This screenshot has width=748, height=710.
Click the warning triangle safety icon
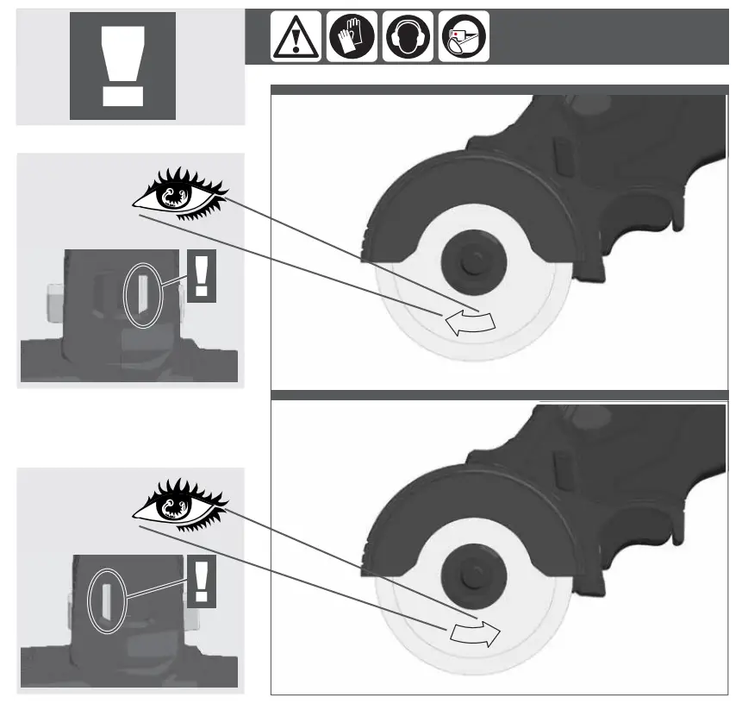point(296,38)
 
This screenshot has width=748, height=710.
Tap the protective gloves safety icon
point(352,38)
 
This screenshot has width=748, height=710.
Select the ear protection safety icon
point(408,38)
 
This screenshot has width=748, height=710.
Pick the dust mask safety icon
point(464,38)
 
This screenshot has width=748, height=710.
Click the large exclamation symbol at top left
point(122,66)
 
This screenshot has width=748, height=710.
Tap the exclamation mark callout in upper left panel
point(202,275)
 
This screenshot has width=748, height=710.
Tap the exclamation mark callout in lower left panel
point(202,580)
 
